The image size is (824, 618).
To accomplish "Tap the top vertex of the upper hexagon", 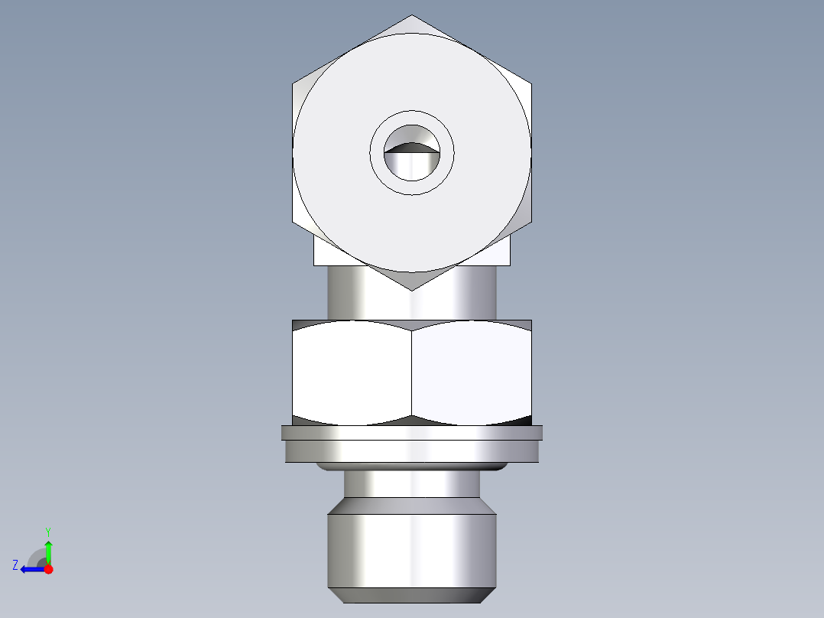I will [412, 15].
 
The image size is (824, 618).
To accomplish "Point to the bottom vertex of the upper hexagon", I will [412, 289].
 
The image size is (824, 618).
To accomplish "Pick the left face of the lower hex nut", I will [352, 371].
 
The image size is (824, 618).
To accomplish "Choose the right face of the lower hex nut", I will [472, 371].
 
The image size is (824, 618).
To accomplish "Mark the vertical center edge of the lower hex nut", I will [412, 371].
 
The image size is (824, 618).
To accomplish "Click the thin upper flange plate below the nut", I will [412, 433].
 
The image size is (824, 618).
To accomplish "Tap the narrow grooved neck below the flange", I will [412, 483].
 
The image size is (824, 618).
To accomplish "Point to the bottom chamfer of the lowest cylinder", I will [412, 595].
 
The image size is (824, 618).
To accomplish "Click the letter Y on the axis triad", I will [47, 531].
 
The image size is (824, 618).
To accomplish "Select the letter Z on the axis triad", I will [15, 564].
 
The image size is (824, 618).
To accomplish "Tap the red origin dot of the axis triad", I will [48, 569].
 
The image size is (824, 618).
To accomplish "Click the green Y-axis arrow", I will [48, 551].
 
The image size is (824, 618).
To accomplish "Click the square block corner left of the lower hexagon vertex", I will [326, 257].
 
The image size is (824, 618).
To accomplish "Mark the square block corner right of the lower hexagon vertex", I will [500, 257].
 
